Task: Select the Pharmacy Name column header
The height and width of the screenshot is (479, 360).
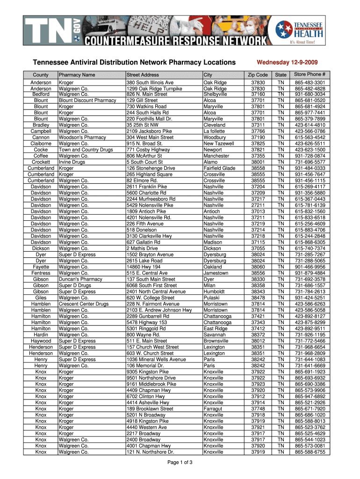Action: coord(77,75)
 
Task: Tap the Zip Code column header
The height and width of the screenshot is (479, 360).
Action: coord(258,75)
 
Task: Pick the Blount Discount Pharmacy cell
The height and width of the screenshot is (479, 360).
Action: coord(87,100)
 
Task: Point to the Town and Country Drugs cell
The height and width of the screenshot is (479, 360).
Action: coord(86,150)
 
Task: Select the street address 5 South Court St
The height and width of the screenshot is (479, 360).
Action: coord(144,162)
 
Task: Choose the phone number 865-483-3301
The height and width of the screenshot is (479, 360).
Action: coord(310,83)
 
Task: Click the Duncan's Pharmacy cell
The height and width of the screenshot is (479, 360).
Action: coord(80,279)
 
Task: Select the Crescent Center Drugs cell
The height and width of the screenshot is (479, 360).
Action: coord(84,304)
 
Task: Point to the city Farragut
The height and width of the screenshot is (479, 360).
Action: coord(213,409)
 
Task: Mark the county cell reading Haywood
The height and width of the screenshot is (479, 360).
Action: coord(41,341)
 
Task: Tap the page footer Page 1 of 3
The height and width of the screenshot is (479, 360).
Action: coord(180,463)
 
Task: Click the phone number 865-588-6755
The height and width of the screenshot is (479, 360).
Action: coord(310,452)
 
